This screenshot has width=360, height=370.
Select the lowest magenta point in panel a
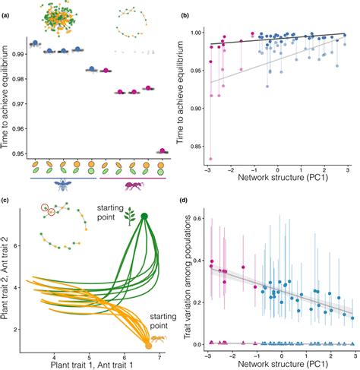click(161, 151)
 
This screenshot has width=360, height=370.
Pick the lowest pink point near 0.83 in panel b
click(210, 158)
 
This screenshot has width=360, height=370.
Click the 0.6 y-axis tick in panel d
click(197, 219)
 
